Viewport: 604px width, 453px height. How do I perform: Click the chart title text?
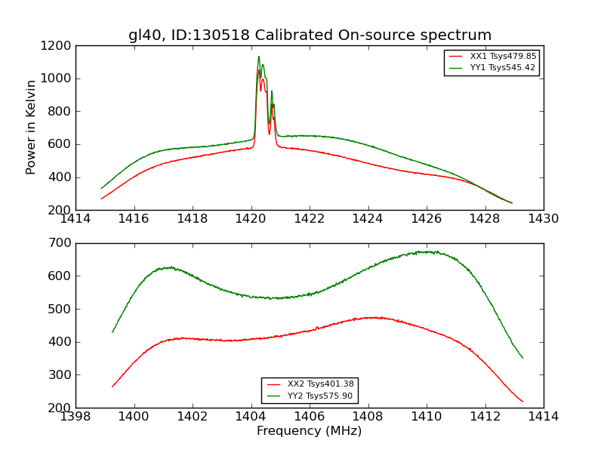[310, 35]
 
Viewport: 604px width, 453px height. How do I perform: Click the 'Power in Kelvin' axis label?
[32, 128]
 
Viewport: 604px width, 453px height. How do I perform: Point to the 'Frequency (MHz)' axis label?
[310, 431]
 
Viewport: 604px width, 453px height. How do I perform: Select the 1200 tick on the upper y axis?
[58, 45]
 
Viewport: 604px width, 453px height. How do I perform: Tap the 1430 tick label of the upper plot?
[544, 218]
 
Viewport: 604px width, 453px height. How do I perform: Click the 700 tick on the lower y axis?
[61, 243]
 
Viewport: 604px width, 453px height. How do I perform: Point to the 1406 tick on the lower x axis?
[310, 416]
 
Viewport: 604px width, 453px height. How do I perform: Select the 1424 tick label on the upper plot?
[368, 218]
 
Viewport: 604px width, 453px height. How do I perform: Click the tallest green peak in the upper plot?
[258, 57]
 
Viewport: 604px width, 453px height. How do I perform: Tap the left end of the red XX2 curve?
[112, 387]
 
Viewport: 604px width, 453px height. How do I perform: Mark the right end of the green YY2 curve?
[522, 358]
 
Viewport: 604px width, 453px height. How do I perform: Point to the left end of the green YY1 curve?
[102, 188]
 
